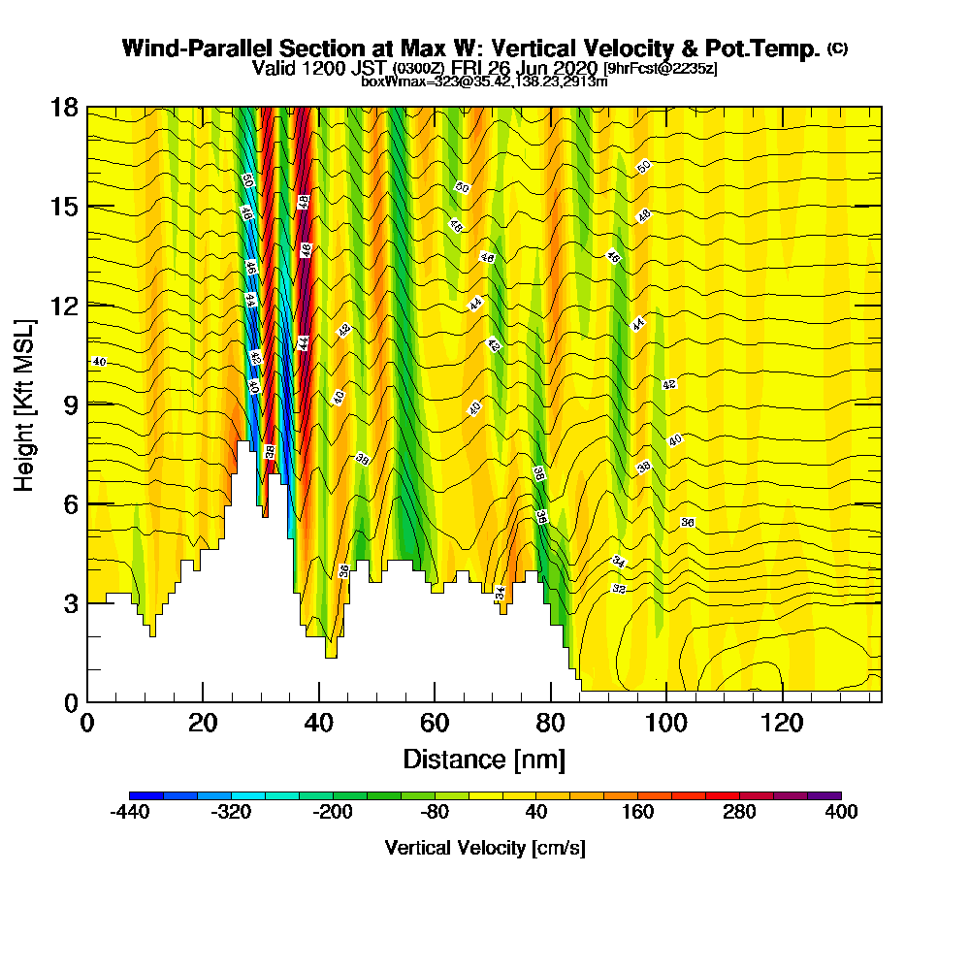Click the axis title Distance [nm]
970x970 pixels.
pyautogui.click(x=484, y=759)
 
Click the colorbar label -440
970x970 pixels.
pyautogui.click(x=129, y=813)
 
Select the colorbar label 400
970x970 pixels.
pyautogui.click(x=840, y=813)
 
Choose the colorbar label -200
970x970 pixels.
pyautogui.click(x=333, y=813)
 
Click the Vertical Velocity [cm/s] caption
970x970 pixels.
pyautogui.click(x=484, y=848)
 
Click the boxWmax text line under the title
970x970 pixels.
pyautogui.click(x=484, y=81)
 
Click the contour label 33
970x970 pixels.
pyautogui.click(x=619, y=589)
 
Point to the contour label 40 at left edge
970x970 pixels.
pyautogui.click(x=98, y=362)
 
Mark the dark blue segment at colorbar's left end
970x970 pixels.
pyautogui.click(x=146, y=795)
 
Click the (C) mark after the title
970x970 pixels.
pyautogui.click(x=837, y=48)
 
